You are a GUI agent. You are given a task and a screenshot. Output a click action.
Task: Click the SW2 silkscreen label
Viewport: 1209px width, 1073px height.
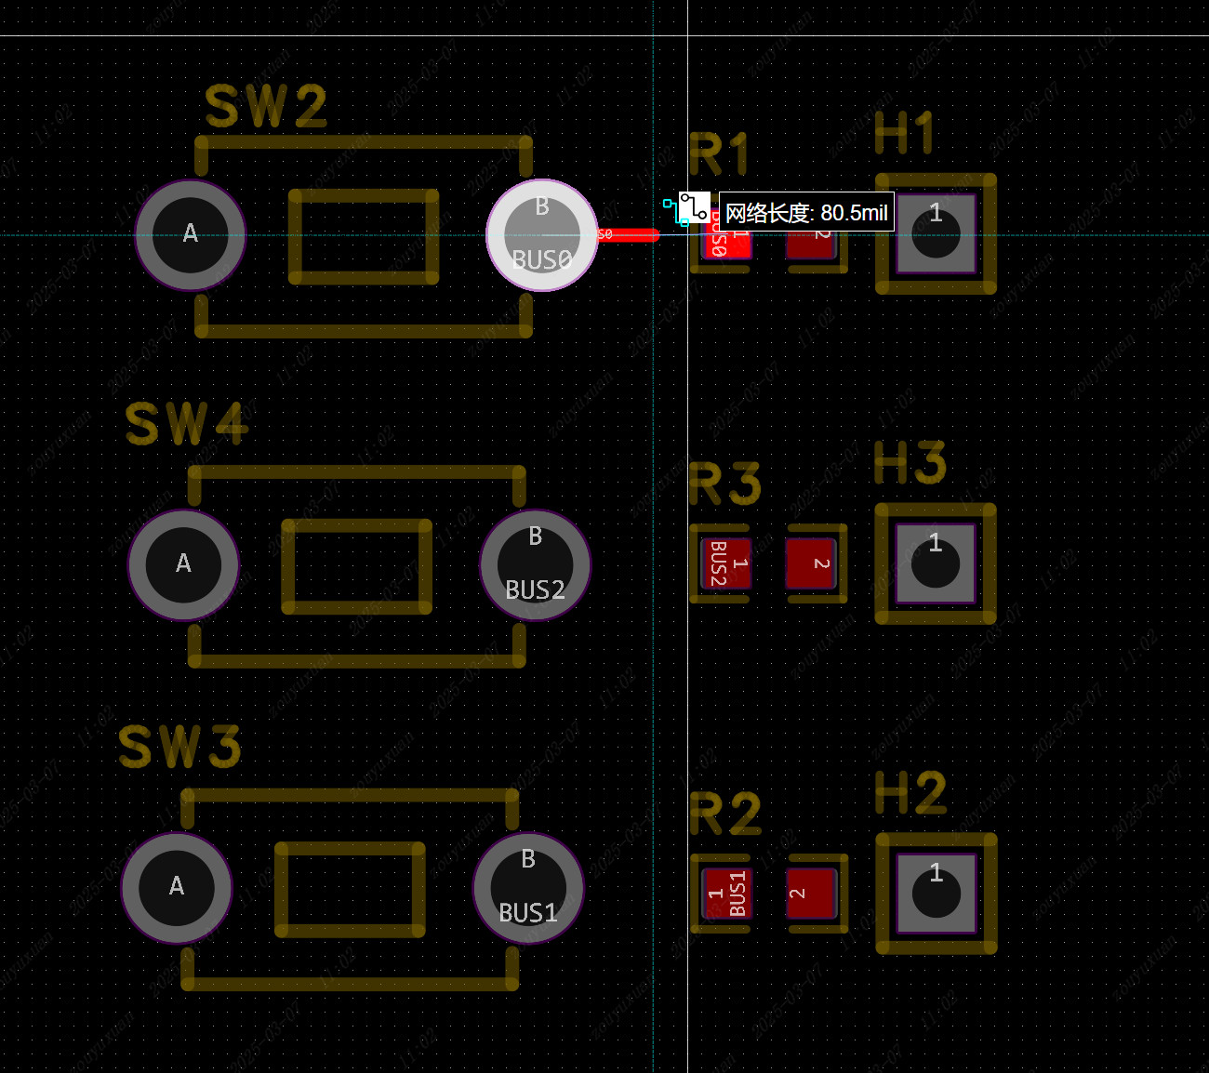coord(266,107)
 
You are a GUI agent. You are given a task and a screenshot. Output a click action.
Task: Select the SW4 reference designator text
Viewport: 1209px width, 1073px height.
coord(187,424)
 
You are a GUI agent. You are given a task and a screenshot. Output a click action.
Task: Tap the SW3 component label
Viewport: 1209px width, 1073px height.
coord(179,747)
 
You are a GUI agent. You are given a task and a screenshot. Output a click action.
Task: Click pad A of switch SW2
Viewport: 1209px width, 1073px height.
coord(191,235)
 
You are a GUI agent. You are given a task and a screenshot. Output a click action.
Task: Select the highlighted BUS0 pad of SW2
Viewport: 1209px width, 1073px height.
coord(542,235)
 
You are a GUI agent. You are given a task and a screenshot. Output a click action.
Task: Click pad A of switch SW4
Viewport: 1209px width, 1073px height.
coord(183,564)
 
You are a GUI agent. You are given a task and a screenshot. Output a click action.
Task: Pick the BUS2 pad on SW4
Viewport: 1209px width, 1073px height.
coord(535,564)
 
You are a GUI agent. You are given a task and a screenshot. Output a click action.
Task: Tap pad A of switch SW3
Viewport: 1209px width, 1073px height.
coord(177,887)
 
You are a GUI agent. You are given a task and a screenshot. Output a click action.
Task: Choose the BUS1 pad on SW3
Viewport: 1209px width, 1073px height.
coord(528,887)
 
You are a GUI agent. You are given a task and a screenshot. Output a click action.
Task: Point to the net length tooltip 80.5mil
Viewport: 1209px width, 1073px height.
coord(806,213)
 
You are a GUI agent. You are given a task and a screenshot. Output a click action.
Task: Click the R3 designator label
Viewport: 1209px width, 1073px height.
coord(724,484)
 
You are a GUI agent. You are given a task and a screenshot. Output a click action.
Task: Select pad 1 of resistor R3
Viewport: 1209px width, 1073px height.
coord(726,563)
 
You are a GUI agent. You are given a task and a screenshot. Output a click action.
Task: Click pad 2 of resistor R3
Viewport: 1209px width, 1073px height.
coord(812,563)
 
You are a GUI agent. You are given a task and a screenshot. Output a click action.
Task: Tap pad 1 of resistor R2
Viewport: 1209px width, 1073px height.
coord(726,894)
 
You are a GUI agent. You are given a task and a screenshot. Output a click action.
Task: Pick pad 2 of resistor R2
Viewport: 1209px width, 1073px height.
coord(812,894)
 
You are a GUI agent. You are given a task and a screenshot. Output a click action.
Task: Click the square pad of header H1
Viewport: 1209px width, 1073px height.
coord(936,233)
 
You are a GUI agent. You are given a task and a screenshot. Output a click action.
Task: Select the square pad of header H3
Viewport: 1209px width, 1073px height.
coord(936,563)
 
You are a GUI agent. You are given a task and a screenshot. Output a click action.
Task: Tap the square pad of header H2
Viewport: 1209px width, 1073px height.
coord(936,894)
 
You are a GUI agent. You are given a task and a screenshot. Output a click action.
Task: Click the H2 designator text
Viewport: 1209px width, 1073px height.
coord(910,793)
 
